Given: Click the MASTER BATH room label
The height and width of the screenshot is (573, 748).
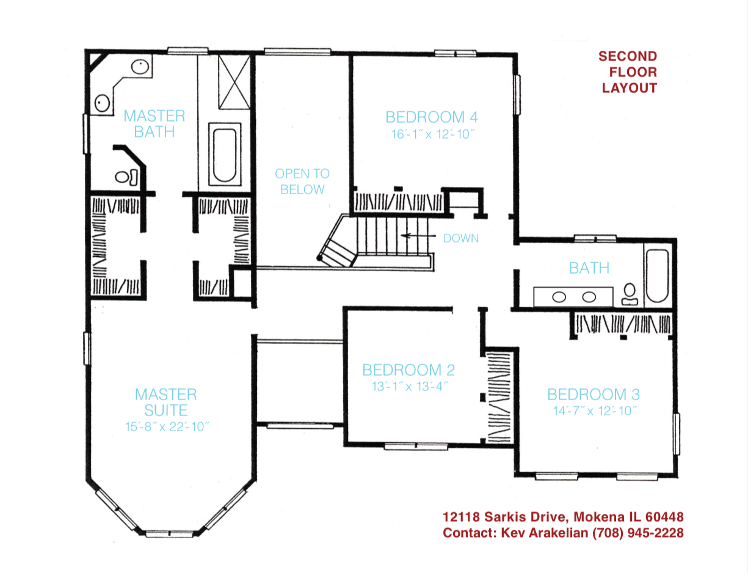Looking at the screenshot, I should (154, 123).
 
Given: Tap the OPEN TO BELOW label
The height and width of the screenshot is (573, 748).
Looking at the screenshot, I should (302, 181).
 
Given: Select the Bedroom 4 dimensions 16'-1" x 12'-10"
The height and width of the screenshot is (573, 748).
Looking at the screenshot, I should (432, 134).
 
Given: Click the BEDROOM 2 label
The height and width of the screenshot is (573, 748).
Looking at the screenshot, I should (408, 370).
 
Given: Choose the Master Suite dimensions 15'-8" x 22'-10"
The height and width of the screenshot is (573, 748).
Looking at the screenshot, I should (166, 426).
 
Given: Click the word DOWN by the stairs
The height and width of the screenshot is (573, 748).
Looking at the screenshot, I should (461, 238).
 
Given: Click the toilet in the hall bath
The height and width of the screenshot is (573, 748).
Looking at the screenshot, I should (629, 294).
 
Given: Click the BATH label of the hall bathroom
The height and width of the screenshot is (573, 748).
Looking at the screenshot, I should (589, 268).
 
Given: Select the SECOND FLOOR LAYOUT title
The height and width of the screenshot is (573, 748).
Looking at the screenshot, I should (628, 72).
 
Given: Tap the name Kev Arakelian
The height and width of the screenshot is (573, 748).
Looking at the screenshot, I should (545, 533).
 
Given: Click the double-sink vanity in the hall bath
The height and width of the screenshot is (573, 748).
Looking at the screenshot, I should (573, 297).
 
